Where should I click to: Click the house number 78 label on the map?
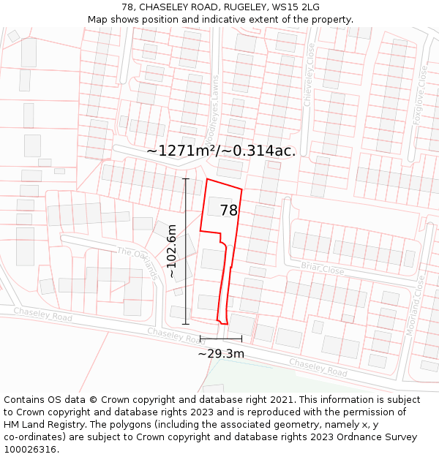point(229,211)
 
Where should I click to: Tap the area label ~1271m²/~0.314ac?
point(221,151)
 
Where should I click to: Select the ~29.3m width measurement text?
point(221,354)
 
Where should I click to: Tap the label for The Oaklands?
point(138,263)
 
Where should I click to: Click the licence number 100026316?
point(31,450)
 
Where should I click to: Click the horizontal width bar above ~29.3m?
point(221,339)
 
